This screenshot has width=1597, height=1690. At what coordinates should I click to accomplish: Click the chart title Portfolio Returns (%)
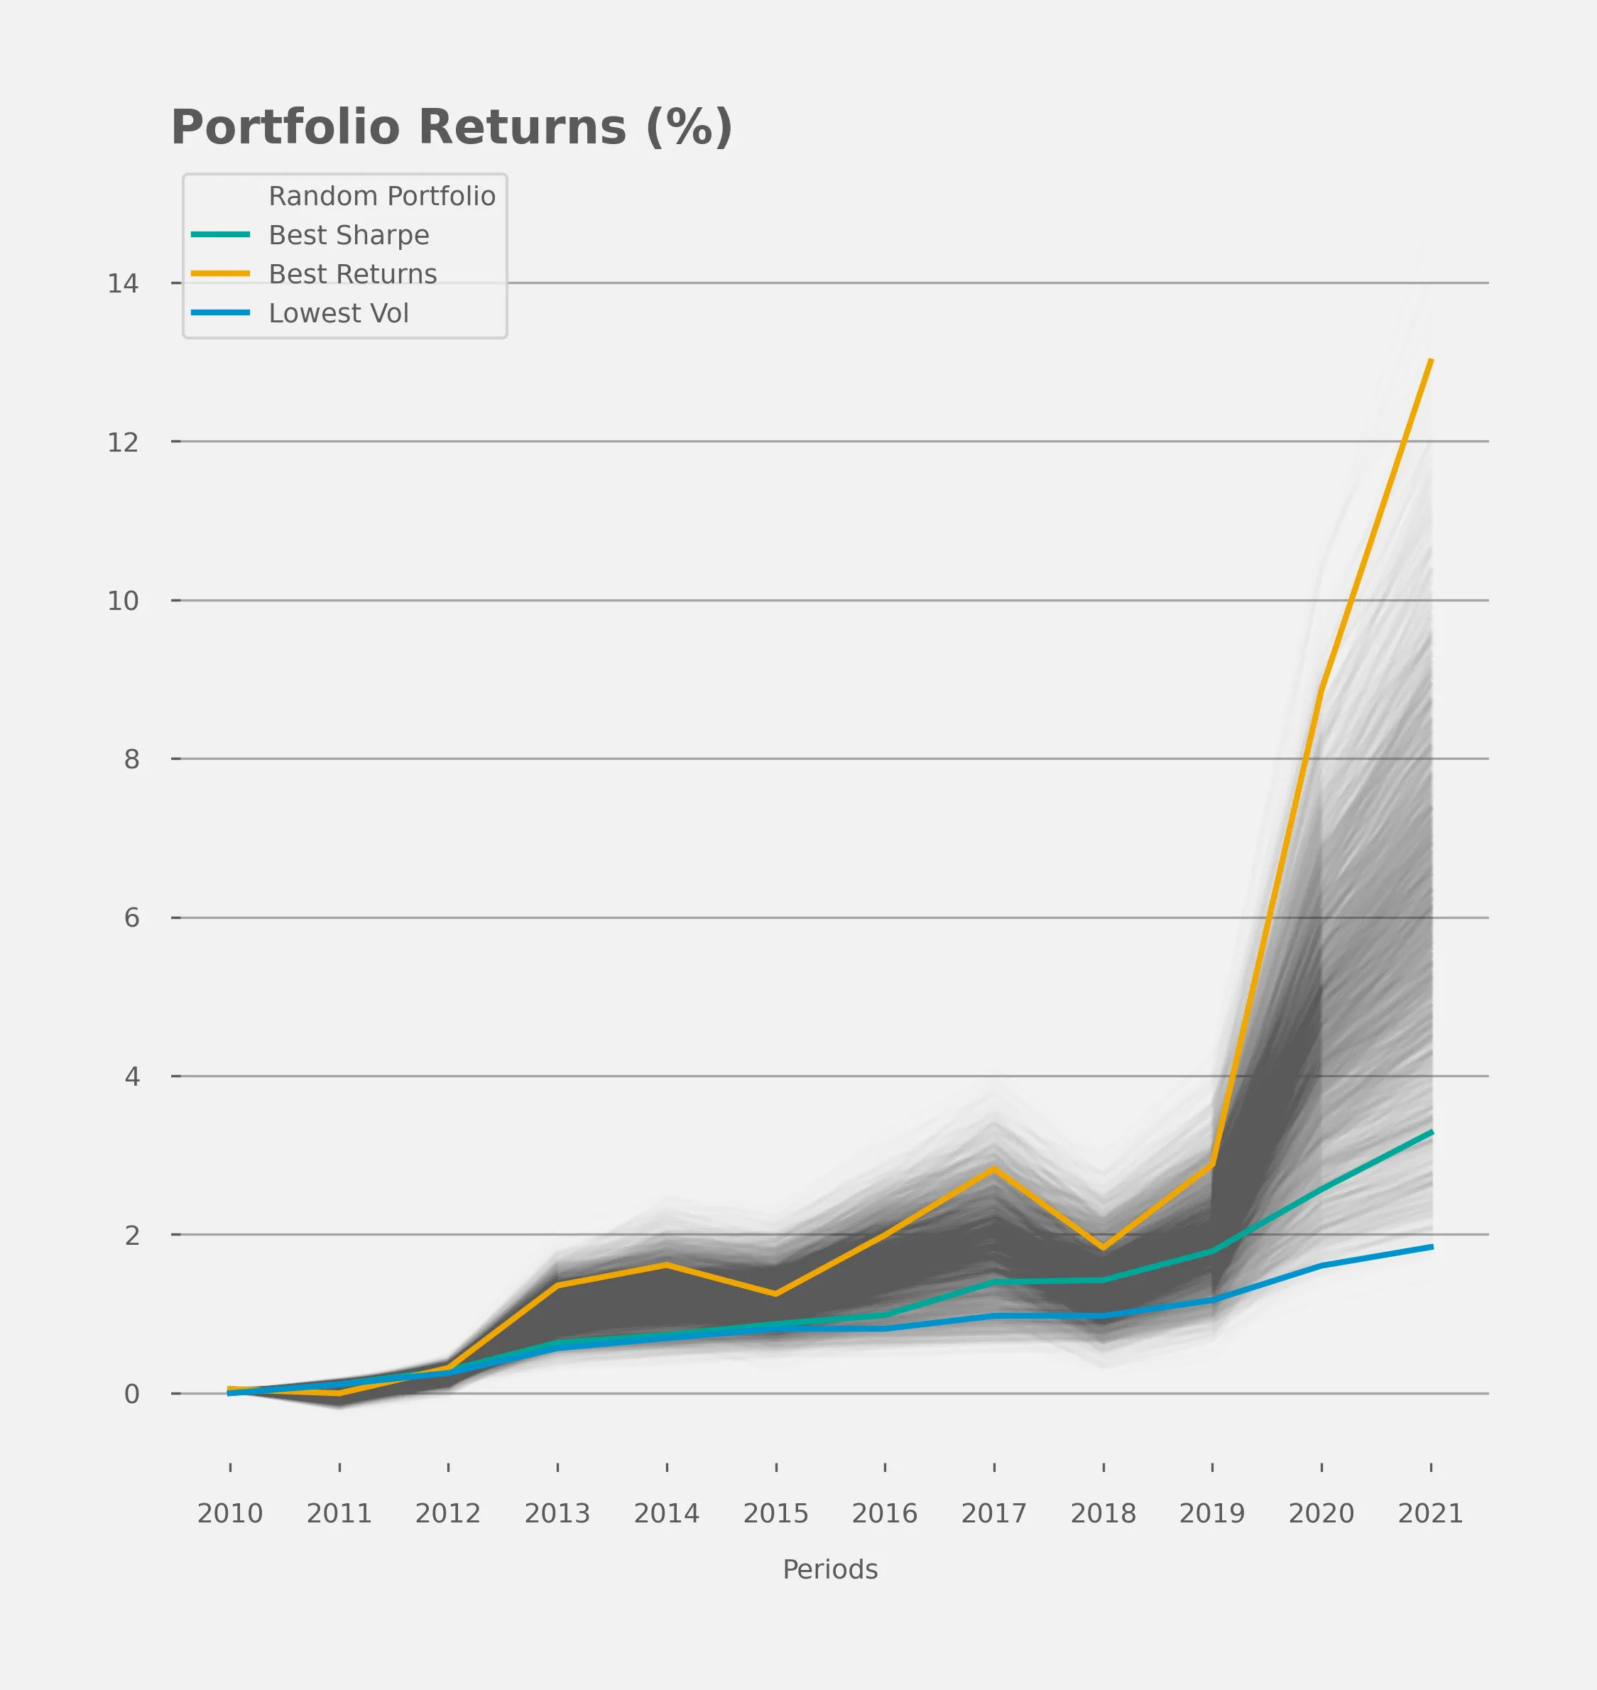pyautogui.click(x=451, y=128)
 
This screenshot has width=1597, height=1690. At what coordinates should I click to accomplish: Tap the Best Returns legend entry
pyautogui.click(x=352, y=274)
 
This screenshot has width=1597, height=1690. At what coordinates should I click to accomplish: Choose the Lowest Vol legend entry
pyautogui.click(x=339, y=313)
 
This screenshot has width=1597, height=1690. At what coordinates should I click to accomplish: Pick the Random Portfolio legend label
pyautogui.click(x=381, y=196)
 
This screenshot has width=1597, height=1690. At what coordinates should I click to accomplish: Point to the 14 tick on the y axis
pyautogui.click(x=123, y=283)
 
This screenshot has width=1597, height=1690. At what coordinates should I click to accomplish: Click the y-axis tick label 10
pyautogui.click(x=123, y=601)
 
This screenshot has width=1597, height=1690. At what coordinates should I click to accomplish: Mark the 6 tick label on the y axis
pyautogui.click(x=131, y=918)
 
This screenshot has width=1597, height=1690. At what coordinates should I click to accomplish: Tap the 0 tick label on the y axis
pyautogui.click(x=131, y=1394)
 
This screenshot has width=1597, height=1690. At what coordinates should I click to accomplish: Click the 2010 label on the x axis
pyautogui.click(x=230, y=1513)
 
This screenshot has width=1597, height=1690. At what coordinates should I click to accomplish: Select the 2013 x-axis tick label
pyautogui.click(x=557, y=1513)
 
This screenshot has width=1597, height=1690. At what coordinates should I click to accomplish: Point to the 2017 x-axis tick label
pyautogui.click(x=993, y=1513)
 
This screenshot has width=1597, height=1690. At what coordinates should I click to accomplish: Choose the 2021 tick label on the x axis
pyautogui.click(x=1430, y=1513)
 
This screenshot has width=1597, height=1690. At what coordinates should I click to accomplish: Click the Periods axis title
pyautogui.click(x=830, y=1569)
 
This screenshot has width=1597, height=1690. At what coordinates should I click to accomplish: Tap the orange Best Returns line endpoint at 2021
pyautogui.click(x=1431, y=361)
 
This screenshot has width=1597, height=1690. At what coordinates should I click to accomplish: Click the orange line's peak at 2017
pyautogui.click(x=993, y=1169)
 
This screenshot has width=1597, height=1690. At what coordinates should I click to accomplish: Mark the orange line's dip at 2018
pyautogui.click(x=1103, y=1248)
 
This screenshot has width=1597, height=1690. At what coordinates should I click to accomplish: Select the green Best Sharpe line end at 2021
pyautogui.click(x=1431, y=1133)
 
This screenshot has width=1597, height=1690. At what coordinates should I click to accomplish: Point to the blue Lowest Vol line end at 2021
pyautogui.click(x=1431, y=1248)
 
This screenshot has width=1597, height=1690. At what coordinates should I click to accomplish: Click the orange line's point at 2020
pyautogui.click(x=1321, y=689)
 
